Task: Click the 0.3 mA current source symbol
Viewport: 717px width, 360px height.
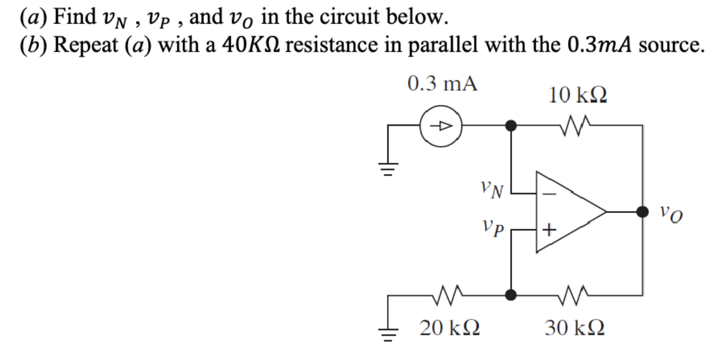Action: [x=441, y=126]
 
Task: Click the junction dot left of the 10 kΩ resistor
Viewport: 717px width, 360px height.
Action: [x=511, y=126]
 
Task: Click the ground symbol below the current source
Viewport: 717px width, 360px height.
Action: [x=389, y=168]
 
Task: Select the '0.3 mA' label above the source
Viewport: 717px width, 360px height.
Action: [x=442, y=85]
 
